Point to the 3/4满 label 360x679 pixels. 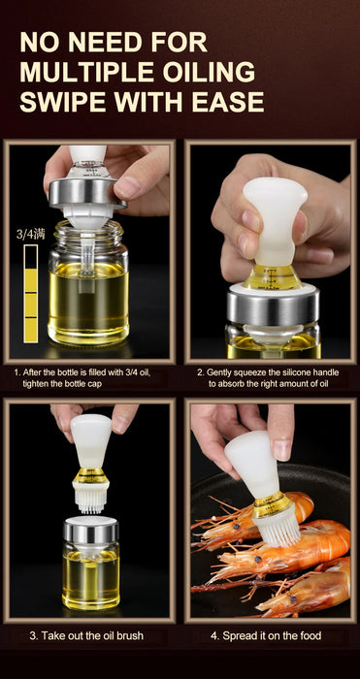30,235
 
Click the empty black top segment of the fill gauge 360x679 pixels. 31,257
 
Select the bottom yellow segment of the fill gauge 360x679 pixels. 31,330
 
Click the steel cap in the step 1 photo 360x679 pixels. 86,192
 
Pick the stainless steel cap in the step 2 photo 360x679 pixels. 273,307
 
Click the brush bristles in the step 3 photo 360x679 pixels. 91,501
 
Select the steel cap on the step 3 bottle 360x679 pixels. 91,531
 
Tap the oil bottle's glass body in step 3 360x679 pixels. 91,576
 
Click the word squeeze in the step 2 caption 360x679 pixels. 247,372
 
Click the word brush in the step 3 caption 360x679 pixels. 124,635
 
